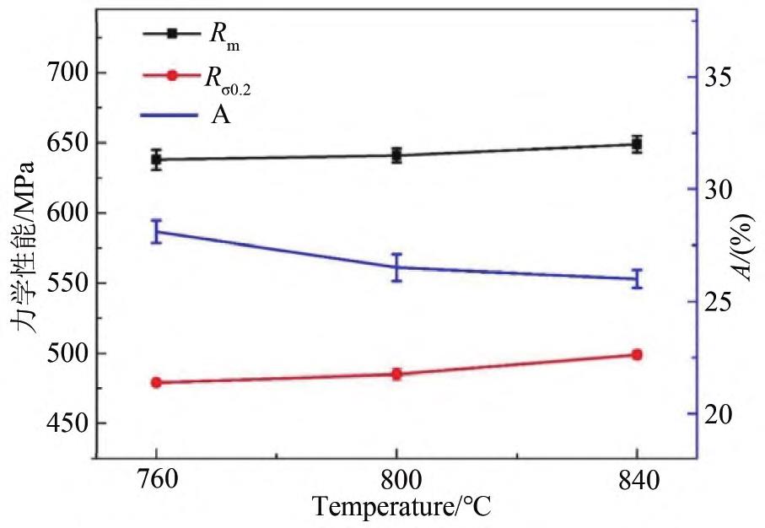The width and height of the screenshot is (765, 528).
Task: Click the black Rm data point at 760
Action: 156,159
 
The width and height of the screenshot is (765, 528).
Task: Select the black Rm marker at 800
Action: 396,155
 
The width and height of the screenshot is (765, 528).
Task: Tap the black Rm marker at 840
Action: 637,144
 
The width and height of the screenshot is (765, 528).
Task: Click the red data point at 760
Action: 156,382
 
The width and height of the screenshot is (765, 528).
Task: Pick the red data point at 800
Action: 396,374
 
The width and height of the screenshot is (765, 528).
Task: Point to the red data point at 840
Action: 637,354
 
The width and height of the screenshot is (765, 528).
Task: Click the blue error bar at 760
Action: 156,231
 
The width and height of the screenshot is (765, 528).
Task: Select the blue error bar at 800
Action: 396,267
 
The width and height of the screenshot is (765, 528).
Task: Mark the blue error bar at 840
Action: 637,278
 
